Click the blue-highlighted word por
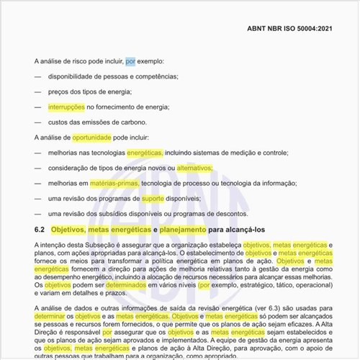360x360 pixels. pyautogui.click(x=130, y=61)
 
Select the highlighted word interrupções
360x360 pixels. pyautogui.click(x=66, y=107)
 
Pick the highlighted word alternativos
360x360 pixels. pyautogui.click(x=194, y=168)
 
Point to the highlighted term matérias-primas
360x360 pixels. pyautogui.click(x=114, y=183)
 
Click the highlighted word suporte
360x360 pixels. pyautogui.click(x=153, y=198)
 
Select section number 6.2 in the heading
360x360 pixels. pyautogui.click(x=40, y=229)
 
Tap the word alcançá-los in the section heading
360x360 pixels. pyautogui.click(x=246, y=229)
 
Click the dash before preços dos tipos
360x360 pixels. pyautogui.click(x=37, y=91)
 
